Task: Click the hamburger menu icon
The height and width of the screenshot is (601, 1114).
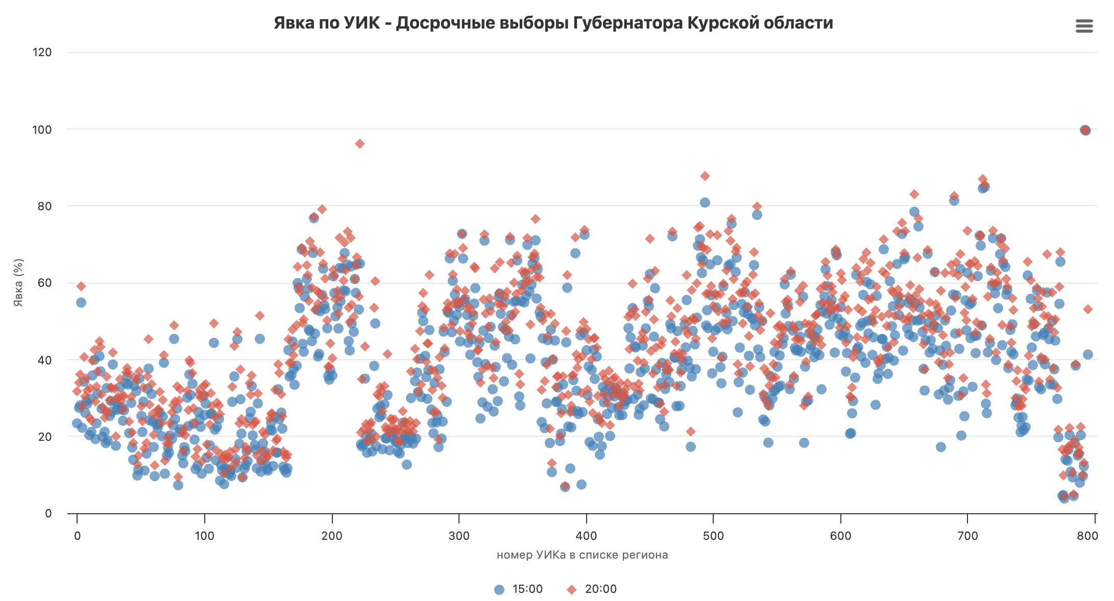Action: tap(1084, 26)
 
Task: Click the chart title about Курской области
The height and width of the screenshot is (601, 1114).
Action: tap(553, 23)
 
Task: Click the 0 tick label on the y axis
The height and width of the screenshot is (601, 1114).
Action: tap(49, 513)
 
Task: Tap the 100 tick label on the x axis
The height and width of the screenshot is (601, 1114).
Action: tap(204, 536)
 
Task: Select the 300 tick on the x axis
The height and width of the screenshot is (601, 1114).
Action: tap(459, 536)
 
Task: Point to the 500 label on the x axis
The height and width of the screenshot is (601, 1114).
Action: tap(713, 536)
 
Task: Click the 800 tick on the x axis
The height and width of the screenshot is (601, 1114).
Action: tap(1087, 536)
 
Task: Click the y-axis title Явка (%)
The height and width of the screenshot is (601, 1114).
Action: tap(18, 283)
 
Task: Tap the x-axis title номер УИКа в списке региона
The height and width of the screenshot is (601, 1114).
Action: tap(582, 555)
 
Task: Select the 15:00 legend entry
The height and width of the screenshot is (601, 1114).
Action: tap(519, 589)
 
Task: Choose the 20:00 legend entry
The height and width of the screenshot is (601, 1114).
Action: tap(592, 589)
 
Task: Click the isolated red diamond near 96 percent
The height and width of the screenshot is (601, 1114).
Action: tap(360, 144)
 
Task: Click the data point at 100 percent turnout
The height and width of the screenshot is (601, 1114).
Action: tap(1085, 130)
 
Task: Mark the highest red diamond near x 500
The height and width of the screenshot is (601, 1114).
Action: tap(705, 176)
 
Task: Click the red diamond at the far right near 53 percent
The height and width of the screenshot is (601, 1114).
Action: tap(1088, 309)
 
